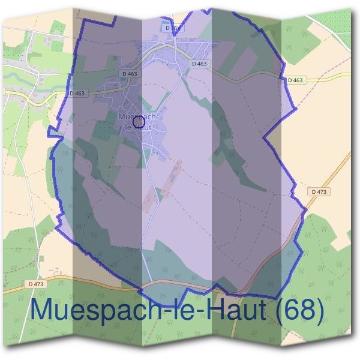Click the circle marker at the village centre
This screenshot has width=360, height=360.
(139, 122)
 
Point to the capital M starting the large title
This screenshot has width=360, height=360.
(43, 310)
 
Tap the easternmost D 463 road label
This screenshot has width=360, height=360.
(295, 80)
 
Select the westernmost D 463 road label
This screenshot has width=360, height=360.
(78, 93)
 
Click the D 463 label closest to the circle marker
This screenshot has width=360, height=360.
(128, 74)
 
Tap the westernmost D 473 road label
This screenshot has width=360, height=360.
(36, 283)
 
